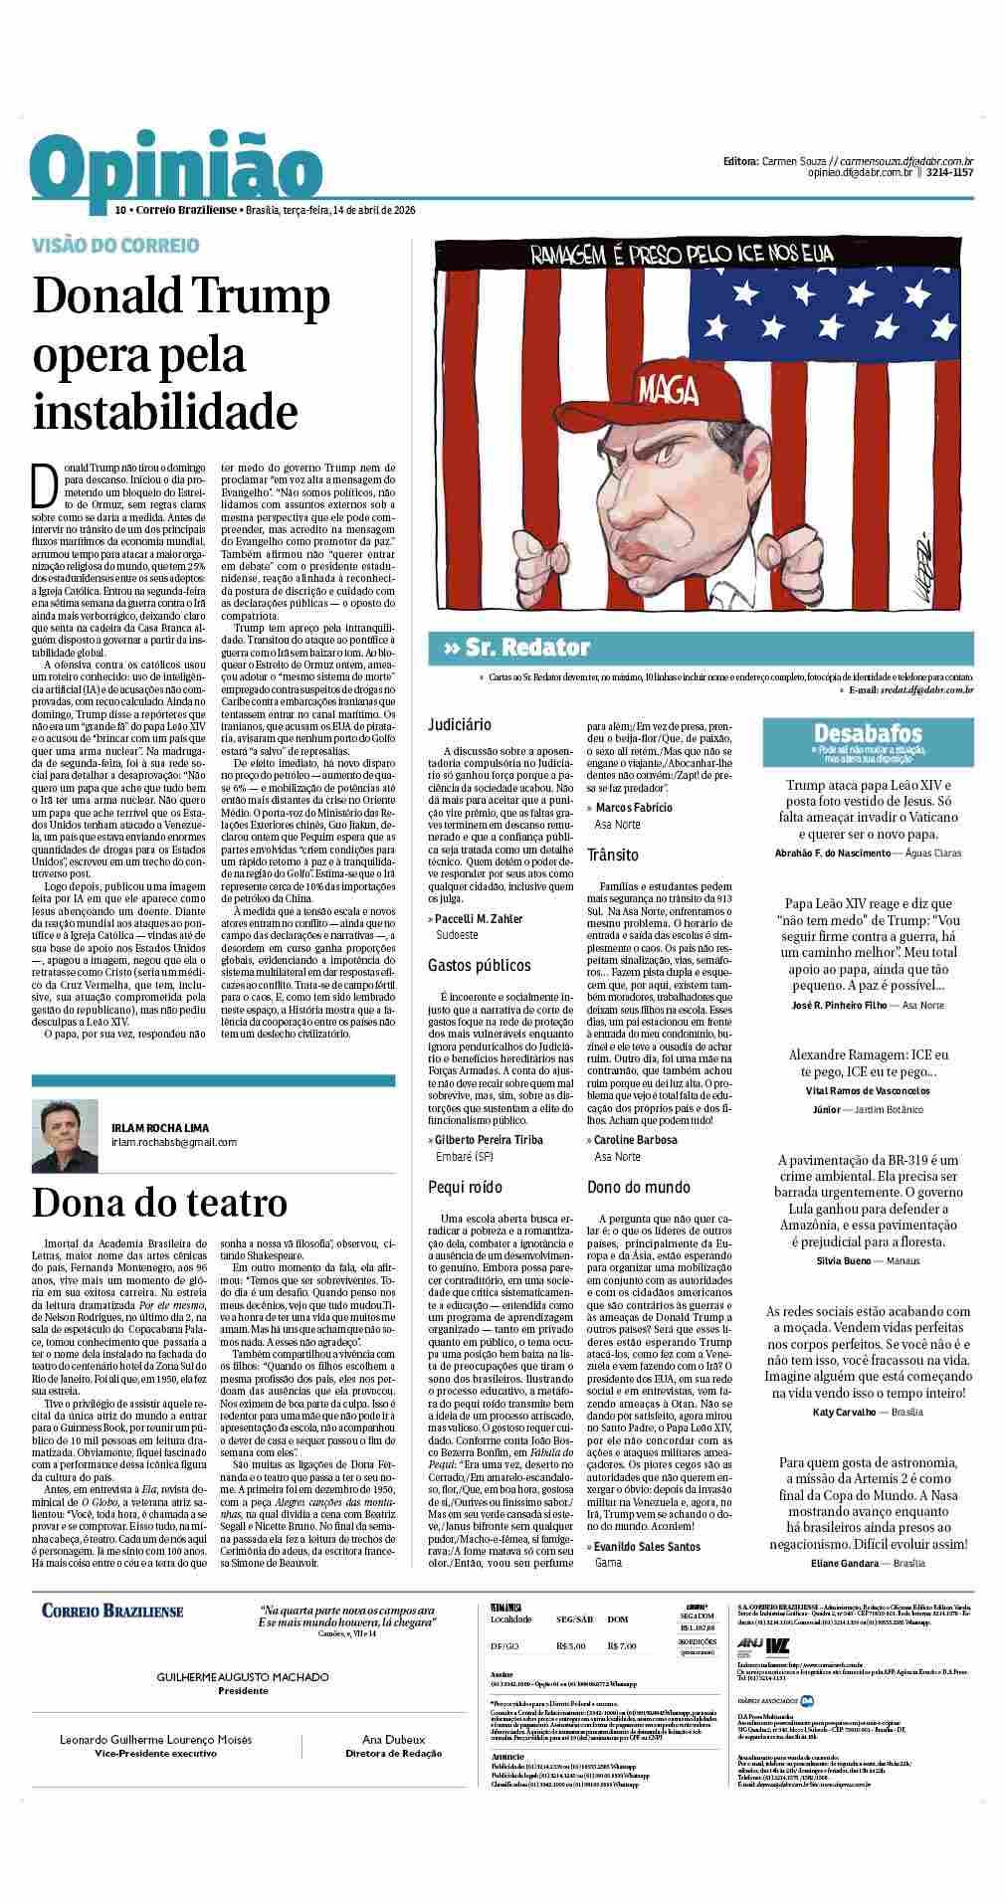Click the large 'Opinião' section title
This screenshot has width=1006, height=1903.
[x=176, y=172]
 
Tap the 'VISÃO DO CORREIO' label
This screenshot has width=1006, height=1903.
[x=115, y=245]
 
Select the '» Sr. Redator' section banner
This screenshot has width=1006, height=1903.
[x=515, y=648]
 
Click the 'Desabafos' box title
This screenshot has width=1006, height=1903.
[x=867, y=733]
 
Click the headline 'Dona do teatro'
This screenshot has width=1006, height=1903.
[x=159, y=1203]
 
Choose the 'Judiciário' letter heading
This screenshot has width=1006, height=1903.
[x=460, y=724]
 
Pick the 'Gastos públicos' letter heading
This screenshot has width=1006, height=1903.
[x=480, y=965]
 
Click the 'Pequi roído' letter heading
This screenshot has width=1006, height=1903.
[x=465, y=1187]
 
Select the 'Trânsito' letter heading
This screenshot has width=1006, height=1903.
[x=613, y=855]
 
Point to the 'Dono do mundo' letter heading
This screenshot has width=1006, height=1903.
[x=638, y=1187]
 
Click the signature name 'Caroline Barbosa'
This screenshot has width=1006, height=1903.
[x=635, y=1140]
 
